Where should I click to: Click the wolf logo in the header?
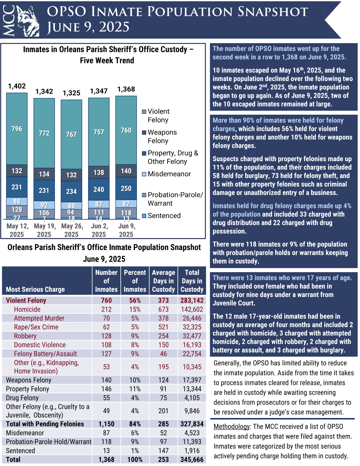28,21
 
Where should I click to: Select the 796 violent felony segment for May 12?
17,129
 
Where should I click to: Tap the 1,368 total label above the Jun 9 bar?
126,89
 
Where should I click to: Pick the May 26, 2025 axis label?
71,230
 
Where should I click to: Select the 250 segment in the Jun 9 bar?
126,188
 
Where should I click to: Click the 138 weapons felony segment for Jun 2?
99,172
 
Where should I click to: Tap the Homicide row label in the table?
27,309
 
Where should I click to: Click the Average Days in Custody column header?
164,281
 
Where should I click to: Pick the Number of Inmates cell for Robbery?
106,336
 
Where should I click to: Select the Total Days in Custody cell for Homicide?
192,309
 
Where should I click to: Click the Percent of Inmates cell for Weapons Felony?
135,380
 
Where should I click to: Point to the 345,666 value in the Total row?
192,459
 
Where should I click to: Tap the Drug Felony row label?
22,398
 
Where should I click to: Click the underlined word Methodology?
232,427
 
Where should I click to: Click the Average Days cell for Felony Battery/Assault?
164,354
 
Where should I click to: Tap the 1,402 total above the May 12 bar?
17,86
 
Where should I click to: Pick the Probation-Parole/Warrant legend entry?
175,199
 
